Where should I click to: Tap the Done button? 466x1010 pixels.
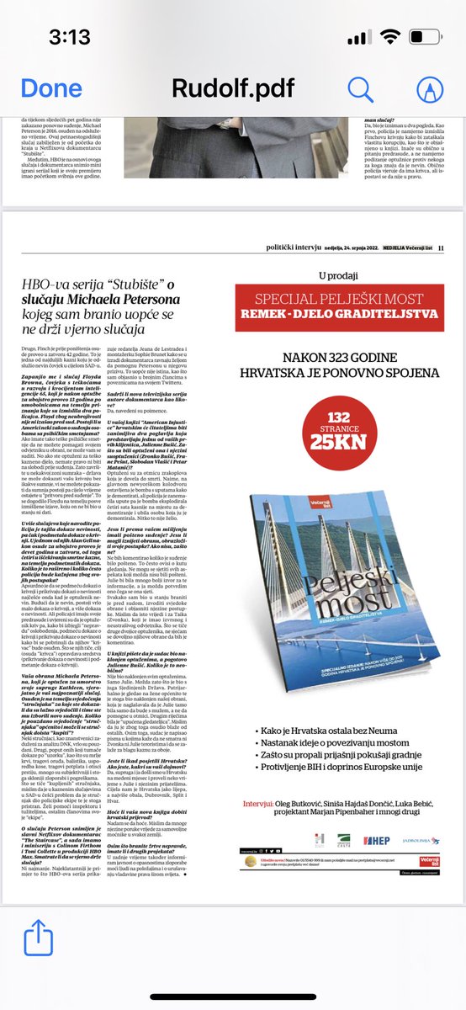[x=51, y=88]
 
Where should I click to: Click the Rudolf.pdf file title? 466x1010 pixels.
[x=232, y=88]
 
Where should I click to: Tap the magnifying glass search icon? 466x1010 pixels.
[x=361, y=88]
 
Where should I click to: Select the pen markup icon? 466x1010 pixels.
[x=430, y=88]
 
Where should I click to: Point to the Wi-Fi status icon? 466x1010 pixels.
[x=390, y=39]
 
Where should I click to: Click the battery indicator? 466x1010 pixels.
[x=428, y=39]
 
